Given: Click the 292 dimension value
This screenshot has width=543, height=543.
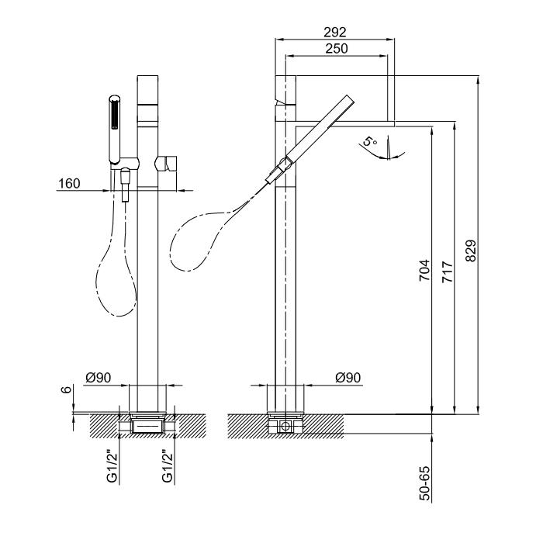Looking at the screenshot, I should [335, 32].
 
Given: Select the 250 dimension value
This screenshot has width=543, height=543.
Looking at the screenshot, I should [335, 48].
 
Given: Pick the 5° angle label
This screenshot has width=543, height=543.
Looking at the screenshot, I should [371, 143].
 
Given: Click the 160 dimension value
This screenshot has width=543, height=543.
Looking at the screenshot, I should [69, 184].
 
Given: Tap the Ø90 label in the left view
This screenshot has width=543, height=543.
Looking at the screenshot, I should [99, 378].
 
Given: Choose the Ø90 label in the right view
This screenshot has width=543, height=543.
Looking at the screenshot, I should [349, 378].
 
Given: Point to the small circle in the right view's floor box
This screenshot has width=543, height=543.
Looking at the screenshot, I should [286, 426].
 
